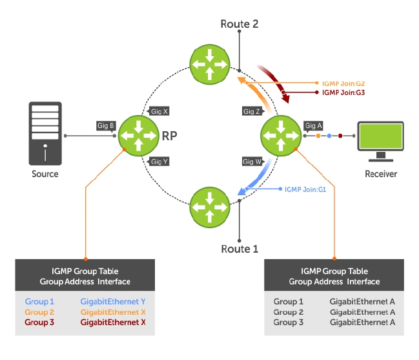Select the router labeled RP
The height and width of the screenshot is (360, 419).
tap(139, 136)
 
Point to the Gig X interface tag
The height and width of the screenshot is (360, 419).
tap(159, 111)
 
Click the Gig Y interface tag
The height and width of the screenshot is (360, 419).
tap(159, 161)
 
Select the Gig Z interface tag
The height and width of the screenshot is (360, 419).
tap(252, 111)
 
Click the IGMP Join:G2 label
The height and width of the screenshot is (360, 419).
tap(343, 83)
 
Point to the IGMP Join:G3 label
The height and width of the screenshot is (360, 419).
tap(343, 92)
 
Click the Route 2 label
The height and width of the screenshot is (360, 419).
tap(240, 24)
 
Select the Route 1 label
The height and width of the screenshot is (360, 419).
tap(240, 248)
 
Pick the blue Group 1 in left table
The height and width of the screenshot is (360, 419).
tap(41, 302)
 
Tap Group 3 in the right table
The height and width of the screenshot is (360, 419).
tap(289, 322)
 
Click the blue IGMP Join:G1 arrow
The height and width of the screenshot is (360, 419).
tap(253, 180)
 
